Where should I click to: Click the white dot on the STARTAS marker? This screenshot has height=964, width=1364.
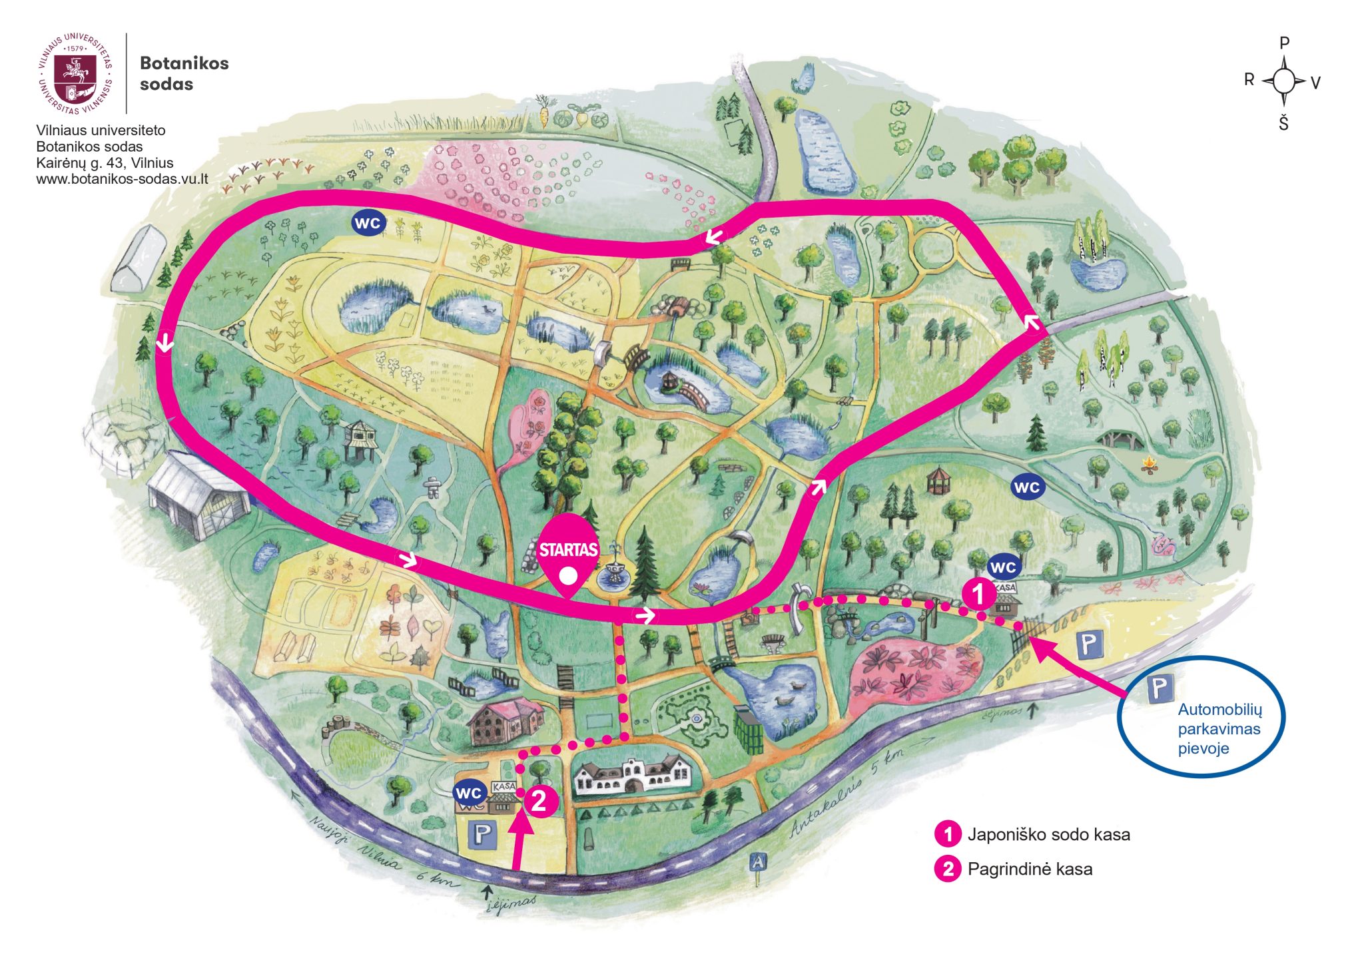[x=567, y=576]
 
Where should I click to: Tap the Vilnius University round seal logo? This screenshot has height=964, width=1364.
[x=75, y=73]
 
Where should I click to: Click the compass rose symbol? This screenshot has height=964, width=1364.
[x=1284, y=81]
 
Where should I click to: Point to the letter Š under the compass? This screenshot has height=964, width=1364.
[x=1283, y=123]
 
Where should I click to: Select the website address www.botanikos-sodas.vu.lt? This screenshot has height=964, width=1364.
[x=122, y=179]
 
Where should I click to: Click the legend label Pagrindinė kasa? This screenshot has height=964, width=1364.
[x=1030, y=869]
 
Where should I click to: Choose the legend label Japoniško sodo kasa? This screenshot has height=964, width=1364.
[x=1048, y=834]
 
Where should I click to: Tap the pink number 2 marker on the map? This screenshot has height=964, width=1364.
[x=539, y=801]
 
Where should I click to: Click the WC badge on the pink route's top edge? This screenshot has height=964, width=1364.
[x=368, y=223]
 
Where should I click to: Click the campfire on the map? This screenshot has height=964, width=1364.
[x=1149, y=463]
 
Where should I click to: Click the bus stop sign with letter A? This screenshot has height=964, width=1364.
[x=758, y=863]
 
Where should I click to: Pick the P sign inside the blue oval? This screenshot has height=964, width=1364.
[x=1160, y=688]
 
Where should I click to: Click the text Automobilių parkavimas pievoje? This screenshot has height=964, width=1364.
[x=1219, y=729]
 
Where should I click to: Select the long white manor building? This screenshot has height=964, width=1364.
[x=633, y=774]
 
